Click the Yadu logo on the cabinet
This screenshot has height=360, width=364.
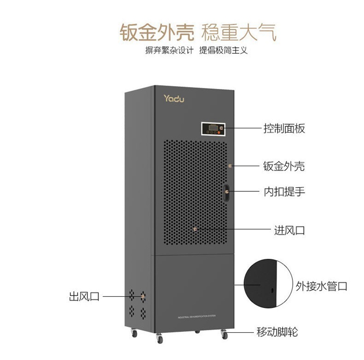pyautogui.click(x=174, y=99)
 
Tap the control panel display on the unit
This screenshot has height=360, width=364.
pyautogui.click(x=213, y=128)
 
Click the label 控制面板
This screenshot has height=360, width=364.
pyautogui.click(x=284, y=129)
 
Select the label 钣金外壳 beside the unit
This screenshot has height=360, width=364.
pyautogui.click(x=284, y=166)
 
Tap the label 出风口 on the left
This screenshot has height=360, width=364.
pyautogui.click(x=84, y=296)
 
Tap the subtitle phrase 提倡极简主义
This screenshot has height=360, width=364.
pyautogui.click(x=223, y=50)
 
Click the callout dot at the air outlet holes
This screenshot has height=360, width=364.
pyautogui.click(x=143, y=295)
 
